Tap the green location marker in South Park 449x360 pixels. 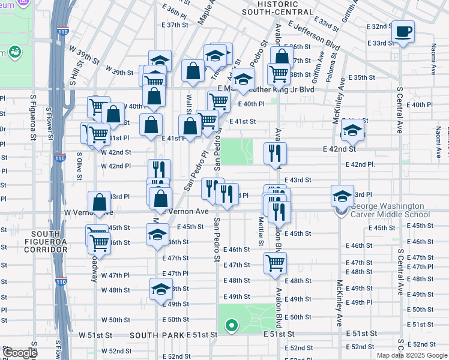[231, 326]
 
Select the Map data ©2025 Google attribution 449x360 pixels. [412, 355]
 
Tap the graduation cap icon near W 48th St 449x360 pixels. [160, 289]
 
